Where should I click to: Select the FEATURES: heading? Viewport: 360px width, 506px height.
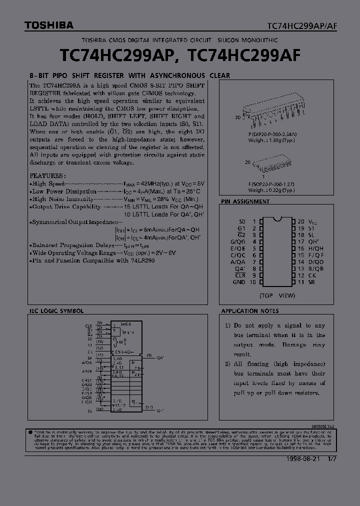tap(47, 176)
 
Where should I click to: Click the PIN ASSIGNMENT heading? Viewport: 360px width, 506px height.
tap(245, 201)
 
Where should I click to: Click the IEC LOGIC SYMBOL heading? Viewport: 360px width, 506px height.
tap(56, 311)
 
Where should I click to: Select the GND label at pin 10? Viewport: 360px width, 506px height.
tap(239, 282)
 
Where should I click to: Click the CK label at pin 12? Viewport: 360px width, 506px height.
tap(312, 275)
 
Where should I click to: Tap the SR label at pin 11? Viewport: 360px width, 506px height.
tap(312, 282)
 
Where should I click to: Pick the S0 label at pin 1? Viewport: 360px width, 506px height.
tap(242, 221)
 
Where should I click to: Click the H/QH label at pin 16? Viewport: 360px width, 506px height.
tap(316, 248)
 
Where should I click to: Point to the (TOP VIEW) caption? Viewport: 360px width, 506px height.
tap(277, 295)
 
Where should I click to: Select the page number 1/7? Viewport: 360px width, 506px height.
tap(332, 459)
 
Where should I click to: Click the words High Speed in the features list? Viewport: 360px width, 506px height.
tap(48, 184)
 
